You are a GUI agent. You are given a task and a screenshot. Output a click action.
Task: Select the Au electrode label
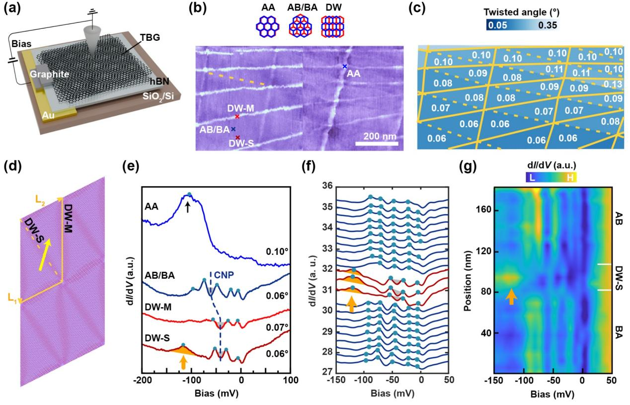49,117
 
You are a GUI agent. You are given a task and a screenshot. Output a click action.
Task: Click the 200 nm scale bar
377,144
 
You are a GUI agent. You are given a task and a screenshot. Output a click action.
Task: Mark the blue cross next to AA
344,66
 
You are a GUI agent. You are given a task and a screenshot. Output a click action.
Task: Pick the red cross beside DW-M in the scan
237,117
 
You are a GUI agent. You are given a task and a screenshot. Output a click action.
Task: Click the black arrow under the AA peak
187,208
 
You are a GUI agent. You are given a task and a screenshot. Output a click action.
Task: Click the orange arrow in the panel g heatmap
511,296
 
